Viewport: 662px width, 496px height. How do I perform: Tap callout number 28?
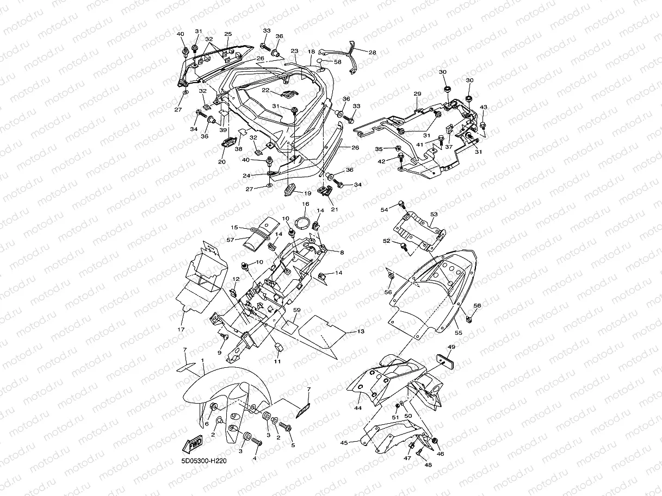coord(372,53)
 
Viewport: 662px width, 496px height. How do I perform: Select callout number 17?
coord(181,330)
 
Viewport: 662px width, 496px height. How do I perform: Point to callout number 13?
coord(361,331)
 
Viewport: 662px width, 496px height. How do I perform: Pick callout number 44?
coord(358,407)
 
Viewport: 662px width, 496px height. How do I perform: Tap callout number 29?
coord(417,94)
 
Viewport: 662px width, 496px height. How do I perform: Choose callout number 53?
coord(434,215)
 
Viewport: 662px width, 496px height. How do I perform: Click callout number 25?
coord(228,34)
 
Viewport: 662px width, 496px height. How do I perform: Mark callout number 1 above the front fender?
coord(202,360)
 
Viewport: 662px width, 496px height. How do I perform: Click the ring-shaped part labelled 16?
coord(305,223)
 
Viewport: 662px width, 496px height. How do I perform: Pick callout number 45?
coord(344,443)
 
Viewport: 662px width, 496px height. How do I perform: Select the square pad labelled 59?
coord(289,325)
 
